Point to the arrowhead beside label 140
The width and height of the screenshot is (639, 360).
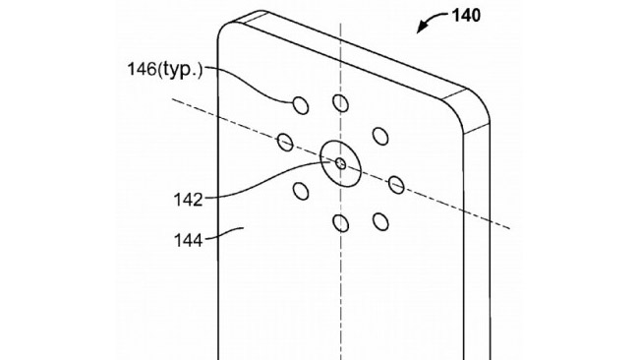tap(419, 30)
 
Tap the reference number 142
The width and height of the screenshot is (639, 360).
tap(186, 200)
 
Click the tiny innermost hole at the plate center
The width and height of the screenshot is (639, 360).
tap(340, 162)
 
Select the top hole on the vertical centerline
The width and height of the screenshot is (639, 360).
tap(340, 103)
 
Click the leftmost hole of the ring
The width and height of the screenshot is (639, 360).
tap(285, 143)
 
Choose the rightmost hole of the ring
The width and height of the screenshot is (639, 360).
tap(396, 183)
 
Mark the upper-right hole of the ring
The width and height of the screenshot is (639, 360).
tap(378, 135)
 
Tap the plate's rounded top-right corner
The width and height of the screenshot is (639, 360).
tap(474, 105)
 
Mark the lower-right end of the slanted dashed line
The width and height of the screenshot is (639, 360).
tap(507, 227)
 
